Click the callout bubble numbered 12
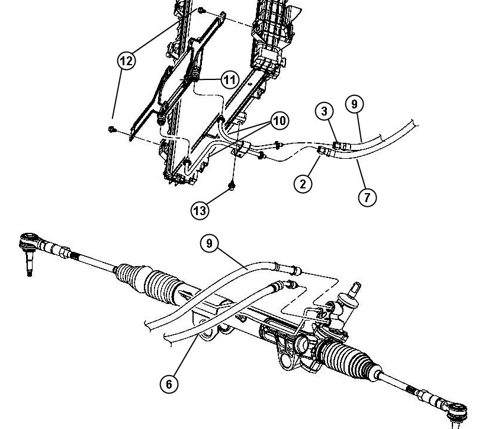click(127, 60)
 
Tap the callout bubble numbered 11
click(230, 79)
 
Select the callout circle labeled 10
click(280, 120)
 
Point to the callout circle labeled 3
click(325, 111)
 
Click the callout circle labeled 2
click(303, 184)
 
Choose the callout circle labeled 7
click(367, 197)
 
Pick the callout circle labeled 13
click(200, 210)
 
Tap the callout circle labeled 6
click(169, 383)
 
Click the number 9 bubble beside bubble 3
click(354, 104)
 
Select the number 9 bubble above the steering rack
click(209, 244)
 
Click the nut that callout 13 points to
click(232, 185)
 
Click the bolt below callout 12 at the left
click(111, 129)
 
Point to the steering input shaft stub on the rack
click(355, 289)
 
